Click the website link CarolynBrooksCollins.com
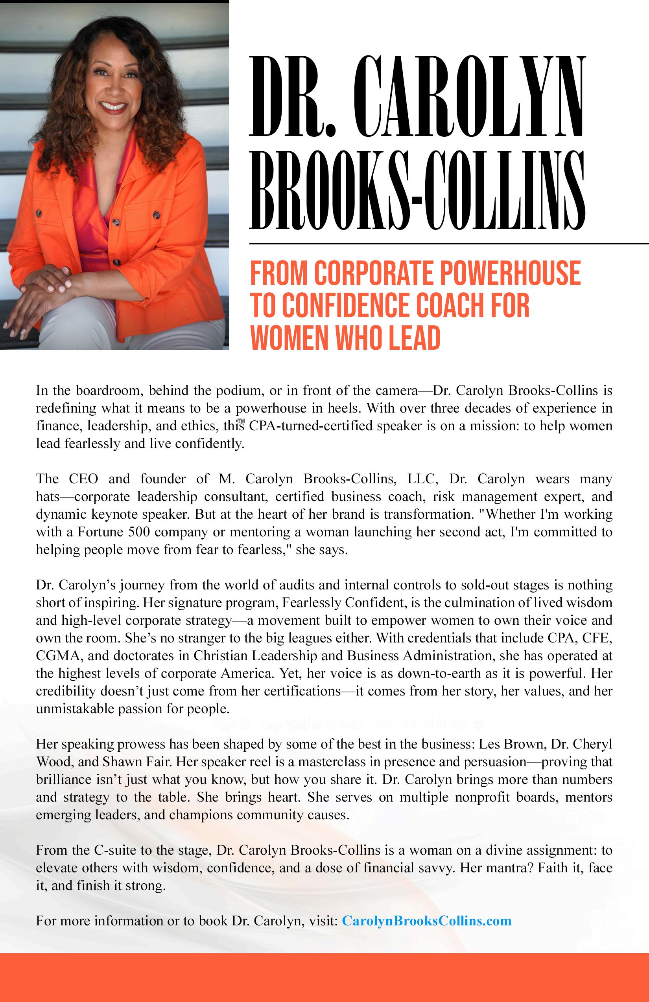pos(426,920)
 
